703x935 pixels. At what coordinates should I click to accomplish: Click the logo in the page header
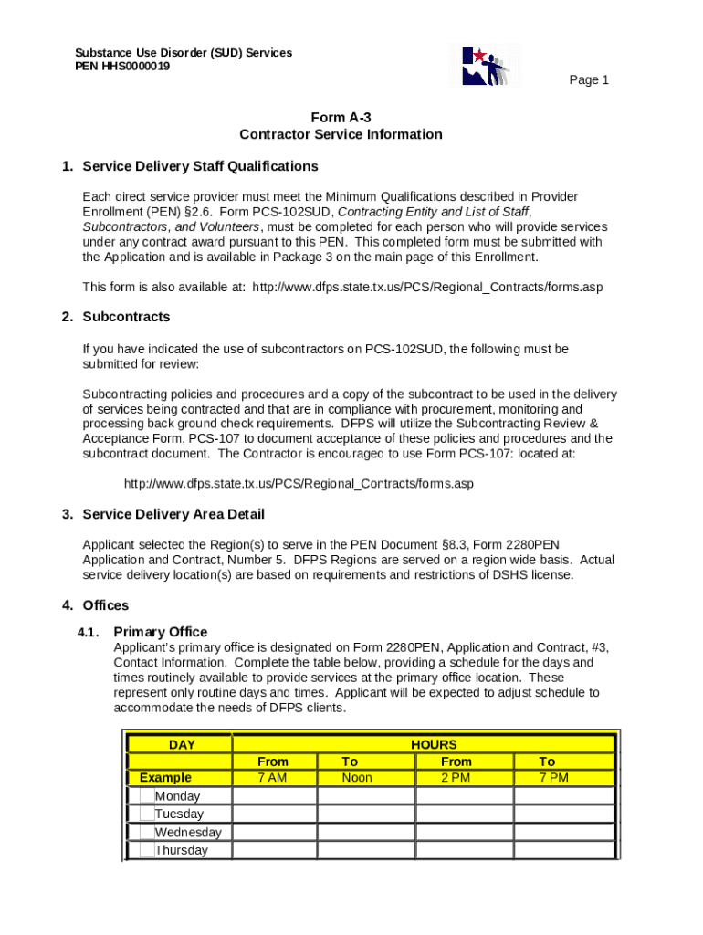coord(486,66)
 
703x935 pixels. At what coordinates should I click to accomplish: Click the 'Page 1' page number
coord(589,80)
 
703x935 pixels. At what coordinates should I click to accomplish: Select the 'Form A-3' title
coord(341,117)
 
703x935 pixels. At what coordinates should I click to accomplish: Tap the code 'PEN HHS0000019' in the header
coord(122,67)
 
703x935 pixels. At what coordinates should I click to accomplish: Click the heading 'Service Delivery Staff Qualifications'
coord(200,166)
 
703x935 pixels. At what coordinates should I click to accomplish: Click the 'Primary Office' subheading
coord(160,632)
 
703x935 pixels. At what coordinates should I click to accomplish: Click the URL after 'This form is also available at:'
coord(427,287)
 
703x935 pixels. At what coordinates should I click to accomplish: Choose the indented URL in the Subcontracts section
coord(299,483)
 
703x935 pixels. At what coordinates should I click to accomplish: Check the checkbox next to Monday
coord(147,795)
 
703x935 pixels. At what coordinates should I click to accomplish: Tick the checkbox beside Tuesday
coord(147,814)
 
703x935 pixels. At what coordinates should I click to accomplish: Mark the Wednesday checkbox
coord(147,832)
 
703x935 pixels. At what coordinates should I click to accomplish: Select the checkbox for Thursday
coord(147,850)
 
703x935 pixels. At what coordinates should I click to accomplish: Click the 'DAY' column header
coord(182,744)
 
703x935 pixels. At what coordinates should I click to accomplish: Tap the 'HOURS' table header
coord(434,744)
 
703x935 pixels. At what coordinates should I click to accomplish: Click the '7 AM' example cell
coord(273,778)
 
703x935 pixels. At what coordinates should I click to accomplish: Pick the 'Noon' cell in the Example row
coord(357,778)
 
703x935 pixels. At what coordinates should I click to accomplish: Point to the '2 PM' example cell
coord(456,778)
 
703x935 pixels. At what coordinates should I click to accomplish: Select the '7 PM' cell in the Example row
coord(553,778)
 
